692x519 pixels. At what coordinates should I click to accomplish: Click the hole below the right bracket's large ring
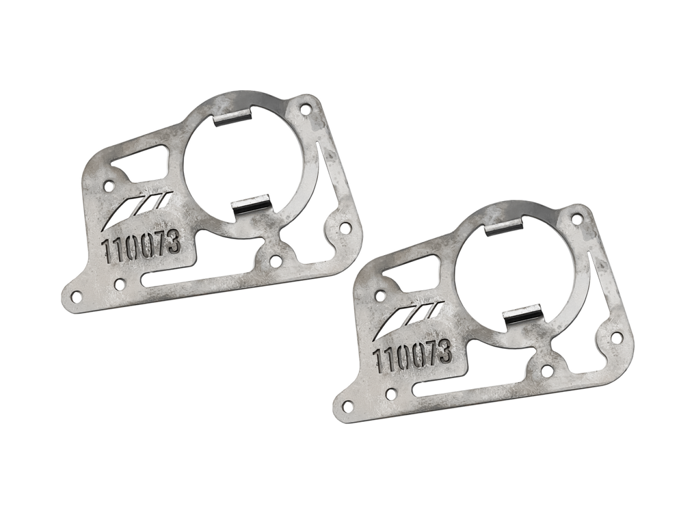point(546,370)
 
